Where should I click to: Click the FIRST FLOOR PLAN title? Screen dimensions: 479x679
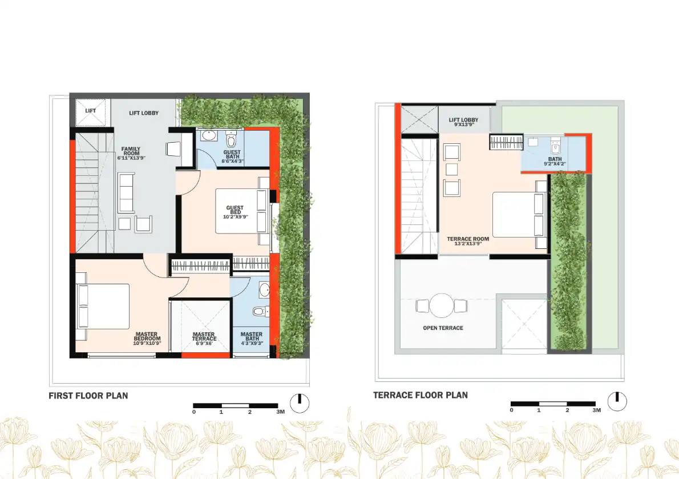point(88,396)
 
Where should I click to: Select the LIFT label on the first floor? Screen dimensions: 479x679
point(90,111)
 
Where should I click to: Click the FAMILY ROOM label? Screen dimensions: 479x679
point(131,152)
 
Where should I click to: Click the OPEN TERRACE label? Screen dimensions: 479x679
point(443,328)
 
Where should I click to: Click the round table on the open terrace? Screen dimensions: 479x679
point(442,305)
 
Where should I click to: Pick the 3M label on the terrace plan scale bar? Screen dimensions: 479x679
point(596,410)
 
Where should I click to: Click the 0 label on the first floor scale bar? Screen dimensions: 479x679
point(194,412)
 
